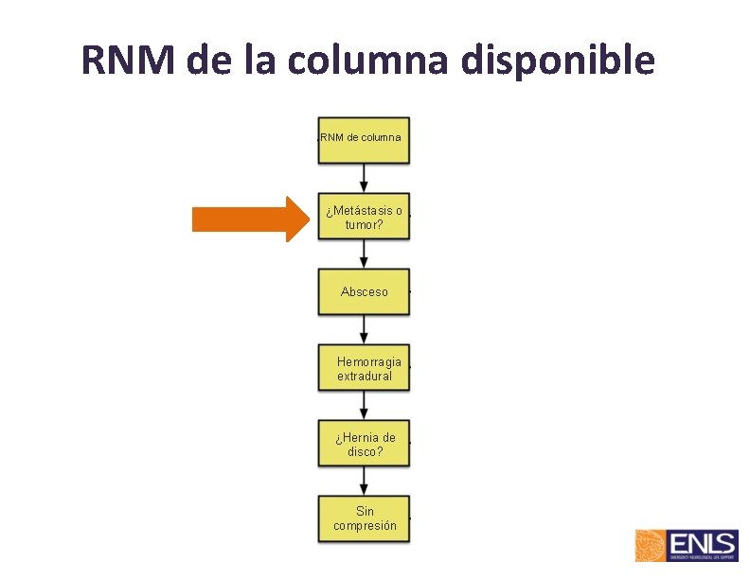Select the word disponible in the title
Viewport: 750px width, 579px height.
(x=558, y=60)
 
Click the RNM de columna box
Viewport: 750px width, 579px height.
(x=364, y=138)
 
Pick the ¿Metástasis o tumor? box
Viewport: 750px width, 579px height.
(x=364, y=218)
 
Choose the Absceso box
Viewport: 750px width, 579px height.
(x=364, y=291)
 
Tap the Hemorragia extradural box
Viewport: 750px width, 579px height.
(x=364, y=368)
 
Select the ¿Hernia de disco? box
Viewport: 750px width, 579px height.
(x=364, y=444)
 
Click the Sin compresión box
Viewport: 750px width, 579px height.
(x=364, y=518)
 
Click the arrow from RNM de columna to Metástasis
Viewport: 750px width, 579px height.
(x=364, y=177)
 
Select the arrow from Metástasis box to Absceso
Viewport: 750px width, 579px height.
(x=364, y=253)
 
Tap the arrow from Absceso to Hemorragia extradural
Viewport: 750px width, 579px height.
(x=364, y=328)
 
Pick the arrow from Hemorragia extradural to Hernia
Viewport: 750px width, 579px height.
(x=364, y=405)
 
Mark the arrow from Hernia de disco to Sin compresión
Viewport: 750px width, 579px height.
(x=364, y=481)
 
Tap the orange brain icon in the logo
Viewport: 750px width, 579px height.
(x=652, y=547)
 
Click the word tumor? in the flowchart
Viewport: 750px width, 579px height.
(x=364, y=225)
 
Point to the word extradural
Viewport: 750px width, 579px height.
(x=365, y=376)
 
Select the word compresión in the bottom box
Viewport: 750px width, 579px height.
(x=365, y=525)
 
